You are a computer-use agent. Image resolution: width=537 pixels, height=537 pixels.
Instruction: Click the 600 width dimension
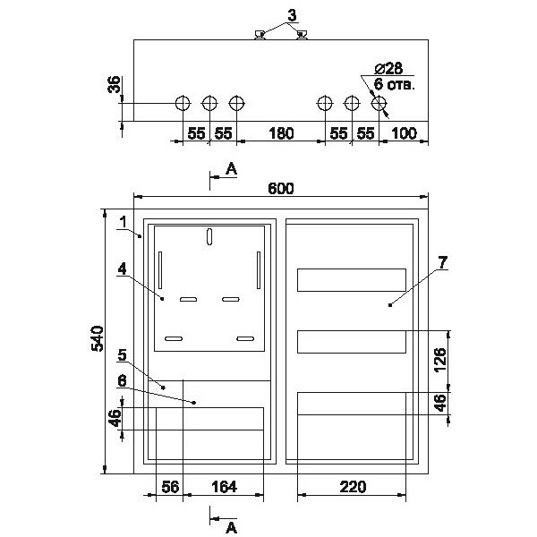point(280,188)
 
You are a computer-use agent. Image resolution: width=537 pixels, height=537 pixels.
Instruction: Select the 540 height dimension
point(99,339)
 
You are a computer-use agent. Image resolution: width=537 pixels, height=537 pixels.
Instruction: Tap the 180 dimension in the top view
point(280,133)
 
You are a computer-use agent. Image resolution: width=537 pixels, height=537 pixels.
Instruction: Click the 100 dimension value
point(405,133)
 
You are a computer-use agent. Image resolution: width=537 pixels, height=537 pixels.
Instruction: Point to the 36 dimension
point(114,86)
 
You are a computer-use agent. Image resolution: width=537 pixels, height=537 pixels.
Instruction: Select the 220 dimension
point(353,488)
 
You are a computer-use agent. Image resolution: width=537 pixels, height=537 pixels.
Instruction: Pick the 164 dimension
point(224,488)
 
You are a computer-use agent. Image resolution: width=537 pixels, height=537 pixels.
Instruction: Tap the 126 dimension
point(439,360)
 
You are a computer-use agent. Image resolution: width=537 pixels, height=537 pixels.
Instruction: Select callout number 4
point(123,268)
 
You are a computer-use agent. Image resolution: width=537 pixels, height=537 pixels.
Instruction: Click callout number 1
point(123,220)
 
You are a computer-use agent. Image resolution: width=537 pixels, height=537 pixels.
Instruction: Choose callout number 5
point(123,354)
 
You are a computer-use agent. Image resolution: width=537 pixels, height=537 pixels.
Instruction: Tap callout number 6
point(123,379)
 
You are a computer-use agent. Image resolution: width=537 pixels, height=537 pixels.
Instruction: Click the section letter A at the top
point(231,168)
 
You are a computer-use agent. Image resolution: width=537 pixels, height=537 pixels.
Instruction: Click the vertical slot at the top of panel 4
point(209,238)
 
